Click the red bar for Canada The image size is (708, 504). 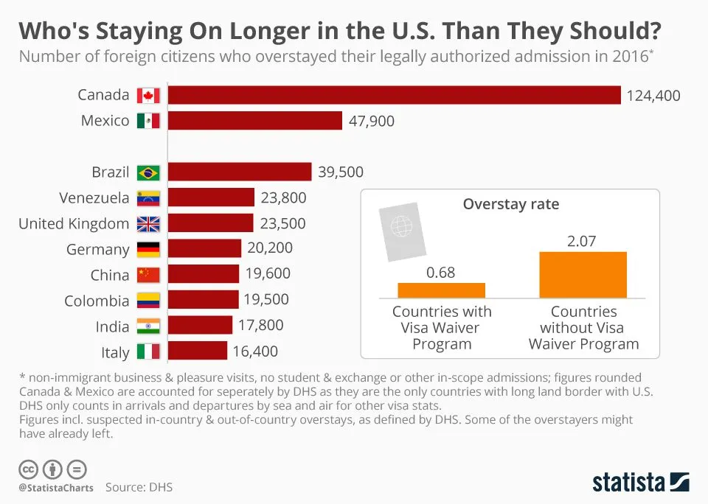394,95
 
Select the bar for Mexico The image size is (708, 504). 255,121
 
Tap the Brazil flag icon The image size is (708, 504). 148,172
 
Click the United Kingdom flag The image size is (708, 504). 148,224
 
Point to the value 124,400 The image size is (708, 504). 653,96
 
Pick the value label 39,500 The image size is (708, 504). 341,172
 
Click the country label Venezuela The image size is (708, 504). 94,198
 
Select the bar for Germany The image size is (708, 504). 204,249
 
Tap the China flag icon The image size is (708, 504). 148,275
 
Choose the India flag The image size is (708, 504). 148,326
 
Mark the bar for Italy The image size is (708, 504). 197,351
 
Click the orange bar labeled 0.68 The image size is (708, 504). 441,290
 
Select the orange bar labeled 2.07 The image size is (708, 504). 583,274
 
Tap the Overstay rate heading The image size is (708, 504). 510,204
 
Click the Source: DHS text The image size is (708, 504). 139,487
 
